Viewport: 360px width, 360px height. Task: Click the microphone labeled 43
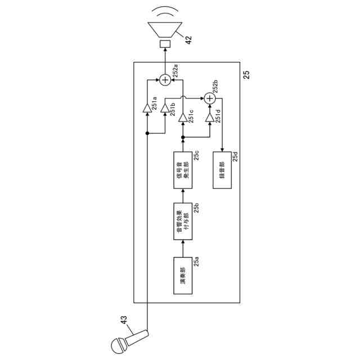[x=127, y=341]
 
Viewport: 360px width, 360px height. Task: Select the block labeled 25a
[x=183, y=276]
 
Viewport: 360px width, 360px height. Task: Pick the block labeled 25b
[x=183, y=222]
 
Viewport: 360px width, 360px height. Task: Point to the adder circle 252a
[x=165, y=80]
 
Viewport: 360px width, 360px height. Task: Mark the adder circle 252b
[x=210, y=98]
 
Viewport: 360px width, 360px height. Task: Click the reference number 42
[x=188, y=40]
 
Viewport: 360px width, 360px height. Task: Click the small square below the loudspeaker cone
[x=165, y=44]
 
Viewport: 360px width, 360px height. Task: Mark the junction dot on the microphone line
[x=147, y=133]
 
